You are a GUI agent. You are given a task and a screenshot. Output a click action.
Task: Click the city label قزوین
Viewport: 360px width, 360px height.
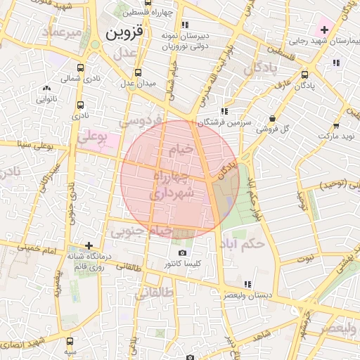pos(124,33)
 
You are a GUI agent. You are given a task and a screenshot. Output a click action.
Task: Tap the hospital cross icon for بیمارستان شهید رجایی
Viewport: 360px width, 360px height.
pos(324,30)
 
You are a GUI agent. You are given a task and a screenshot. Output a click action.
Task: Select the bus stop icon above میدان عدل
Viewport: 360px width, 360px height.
pos(137,72)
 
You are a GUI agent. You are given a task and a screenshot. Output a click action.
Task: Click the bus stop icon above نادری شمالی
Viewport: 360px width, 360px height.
pos(81,68)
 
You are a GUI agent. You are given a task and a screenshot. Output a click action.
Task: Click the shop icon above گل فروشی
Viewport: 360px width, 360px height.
pos(273,118)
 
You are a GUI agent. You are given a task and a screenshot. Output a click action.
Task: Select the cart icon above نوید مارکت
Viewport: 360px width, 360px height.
pos(335,125)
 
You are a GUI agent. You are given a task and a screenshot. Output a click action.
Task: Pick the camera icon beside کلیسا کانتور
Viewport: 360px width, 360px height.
pos(182,253)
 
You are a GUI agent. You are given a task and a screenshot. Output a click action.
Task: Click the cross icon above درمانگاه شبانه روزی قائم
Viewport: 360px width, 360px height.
pos(89,245)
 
